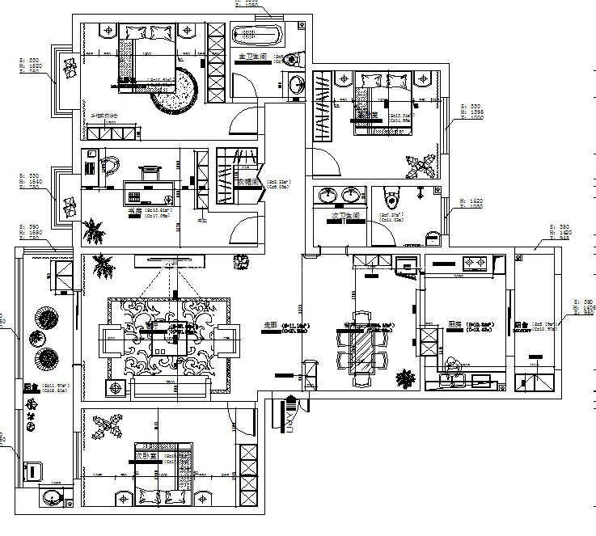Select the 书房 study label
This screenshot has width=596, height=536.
coord(135,212)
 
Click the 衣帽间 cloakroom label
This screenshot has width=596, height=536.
coord(247,183)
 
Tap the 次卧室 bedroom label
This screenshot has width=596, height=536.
coord(146,457)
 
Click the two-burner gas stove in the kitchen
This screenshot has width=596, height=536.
coord(474,262)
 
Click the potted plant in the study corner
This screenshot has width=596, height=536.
coord(95,230)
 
